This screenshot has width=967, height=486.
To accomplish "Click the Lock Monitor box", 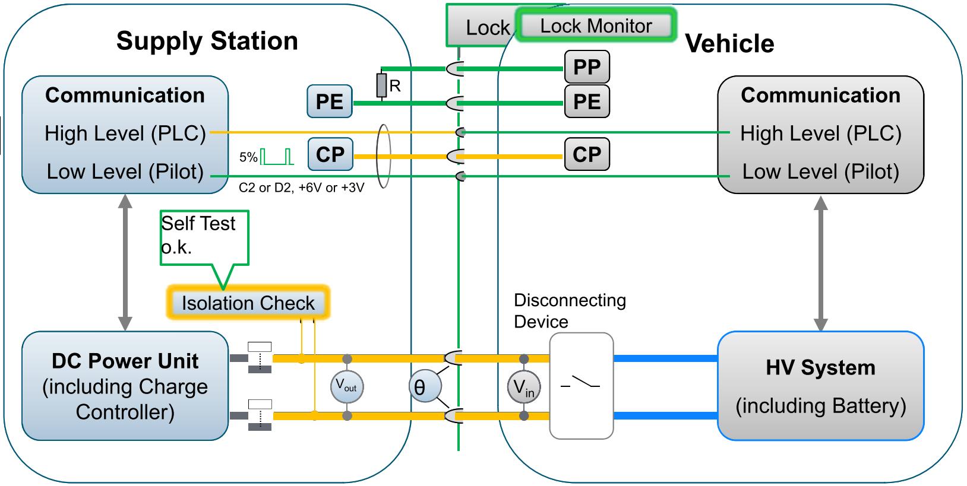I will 596,26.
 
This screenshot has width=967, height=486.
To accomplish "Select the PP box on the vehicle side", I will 586,67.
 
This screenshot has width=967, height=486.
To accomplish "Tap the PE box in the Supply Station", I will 330,101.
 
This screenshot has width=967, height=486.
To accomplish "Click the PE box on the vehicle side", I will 586,101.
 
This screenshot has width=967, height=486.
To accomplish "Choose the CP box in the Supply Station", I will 330,155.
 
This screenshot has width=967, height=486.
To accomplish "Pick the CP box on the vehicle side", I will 586,154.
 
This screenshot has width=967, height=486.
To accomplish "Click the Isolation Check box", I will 248,303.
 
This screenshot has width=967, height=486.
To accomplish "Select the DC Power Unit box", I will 125,386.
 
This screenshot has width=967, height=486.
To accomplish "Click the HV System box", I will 820,386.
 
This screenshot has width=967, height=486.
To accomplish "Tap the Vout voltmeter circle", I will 346,387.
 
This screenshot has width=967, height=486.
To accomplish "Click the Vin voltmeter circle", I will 523,387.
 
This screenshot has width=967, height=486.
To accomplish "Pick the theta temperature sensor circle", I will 425,387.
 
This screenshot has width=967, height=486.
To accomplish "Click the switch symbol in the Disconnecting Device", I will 580,383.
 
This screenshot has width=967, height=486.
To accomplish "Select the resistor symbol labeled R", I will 381,85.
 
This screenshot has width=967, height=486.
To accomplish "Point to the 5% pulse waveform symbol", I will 277,157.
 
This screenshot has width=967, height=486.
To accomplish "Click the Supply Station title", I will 207,41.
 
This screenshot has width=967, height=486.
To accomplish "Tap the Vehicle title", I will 729,43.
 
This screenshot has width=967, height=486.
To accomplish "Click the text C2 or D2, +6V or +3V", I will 301,188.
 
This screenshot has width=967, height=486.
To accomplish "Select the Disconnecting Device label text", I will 569,311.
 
